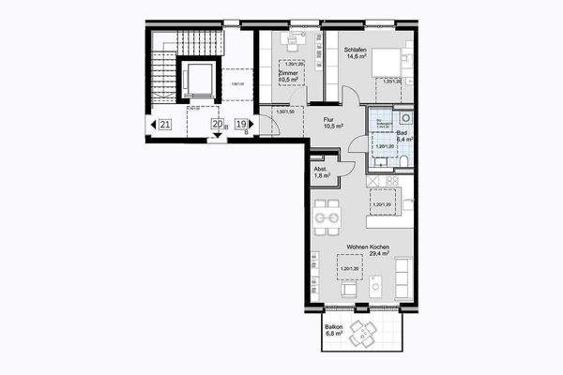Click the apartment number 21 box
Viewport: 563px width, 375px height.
click(x=164, y=124)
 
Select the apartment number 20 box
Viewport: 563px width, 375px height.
click(x=217, y=124)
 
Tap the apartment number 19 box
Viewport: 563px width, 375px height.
click(x=241, y=124)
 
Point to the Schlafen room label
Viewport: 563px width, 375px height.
click(x=356, y=49)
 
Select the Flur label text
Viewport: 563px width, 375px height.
click(x=329, y=119)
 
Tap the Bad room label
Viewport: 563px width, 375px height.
click(x=402, y=134)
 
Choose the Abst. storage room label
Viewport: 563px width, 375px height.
click(x=320, y=169)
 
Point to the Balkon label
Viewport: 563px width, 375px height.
click(x=333, y=325)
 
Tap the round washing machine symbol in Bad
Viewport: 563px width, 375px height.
click(x=405, y=118)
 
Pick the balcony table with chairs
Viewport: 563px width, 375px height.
click(x=361, y=332)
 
